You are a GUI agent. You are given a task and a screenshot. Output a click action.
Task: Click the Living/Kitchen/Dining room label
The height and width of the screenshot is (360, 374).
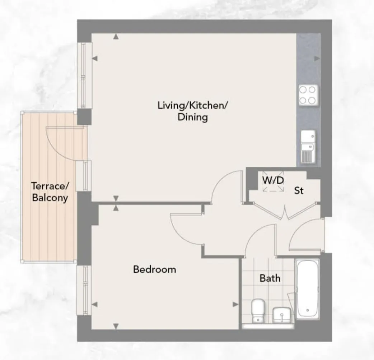(193, 111)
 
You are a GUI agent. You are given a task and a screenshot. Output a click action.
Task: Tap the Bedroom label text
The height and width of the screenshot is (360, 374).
(154, 269)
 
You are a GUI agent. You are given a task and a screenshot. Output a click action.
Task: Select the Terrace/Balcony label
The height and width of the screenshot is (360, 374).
(50, 192)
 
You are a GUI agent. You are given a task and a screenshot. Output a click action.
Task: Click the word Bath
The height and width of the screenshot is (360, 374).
(270, 278)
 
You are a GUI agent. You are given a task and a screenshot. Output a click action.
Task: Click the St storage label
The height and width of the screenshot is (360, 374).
(299, 190)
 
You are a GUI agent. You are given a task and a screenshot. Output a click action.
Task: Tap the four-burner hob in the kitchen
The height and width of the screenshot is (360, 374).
(308, 95)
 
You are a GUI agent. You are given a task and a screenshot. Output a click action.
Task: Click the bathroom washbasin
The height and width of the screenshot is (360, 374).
(282, 315)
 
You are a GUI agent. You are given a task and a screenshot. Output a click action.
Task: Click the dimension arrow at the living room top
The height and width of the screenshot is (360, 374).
(116, 36)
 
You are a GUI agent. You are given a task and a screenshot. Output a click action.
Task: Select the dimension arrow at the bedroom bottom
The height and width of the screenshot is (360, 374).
(116, 326)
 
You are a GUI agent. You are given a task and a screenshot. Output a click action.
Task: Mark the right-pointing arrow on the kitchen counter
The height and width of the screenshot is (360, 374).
(317, 58)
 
